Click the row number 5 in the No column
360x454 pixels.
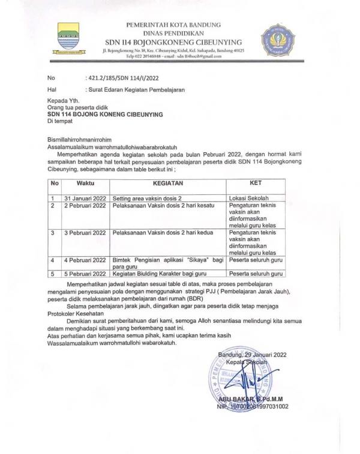click(53, 272)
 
